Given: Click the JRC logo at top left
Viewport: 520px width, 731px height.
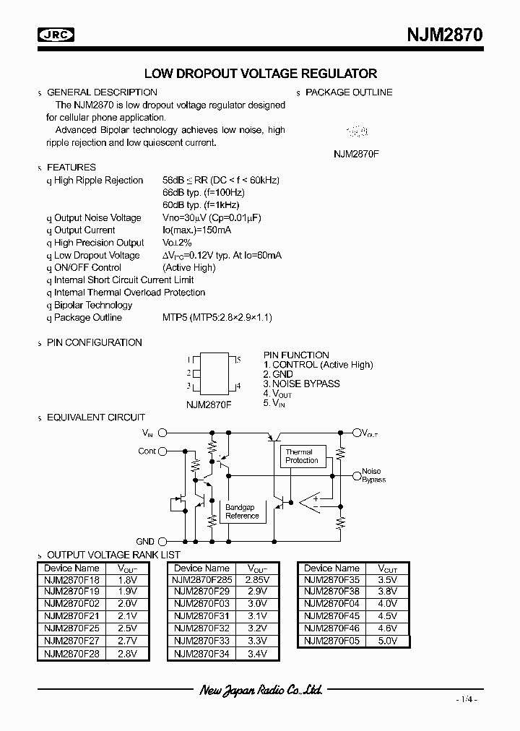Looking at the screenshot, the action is tap(58, 33).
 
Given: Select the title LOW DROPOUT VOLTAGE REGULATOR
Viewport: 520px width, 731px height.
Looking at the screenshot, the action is tap(261, 74).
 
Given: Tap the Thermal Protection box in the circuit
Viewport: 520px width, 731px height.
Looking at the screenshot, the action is tap(301, 457).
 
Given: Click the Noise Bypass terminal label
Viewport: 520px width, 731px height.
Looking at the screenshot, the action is tap(373, 475).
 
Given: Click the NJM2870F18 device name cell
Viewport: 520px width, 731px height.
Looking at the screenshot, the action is tap(71, 579).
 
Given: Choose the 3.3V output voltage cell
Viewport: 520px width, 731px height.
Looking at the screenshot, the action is tap(257, 641).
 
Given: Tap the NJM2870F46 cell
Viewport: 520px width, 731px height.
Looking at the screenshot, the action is tap(331, 628).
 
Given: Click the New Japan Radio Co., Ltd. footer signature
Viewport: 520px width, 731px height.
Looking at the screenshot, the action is tap(260, 691).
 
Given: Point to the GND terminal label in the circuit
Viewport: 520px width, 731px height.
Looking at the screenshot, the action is tap(144, 541).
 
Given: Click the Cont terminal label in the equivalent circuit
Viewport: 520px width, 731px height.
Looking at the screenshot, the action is tap(147, 451).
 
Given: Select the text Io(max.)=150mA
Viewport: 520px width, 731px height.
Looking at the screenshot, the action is tap(196, 230).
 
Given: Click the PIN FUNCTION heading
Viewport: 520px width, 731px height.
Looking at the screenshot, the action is tap(296, 355).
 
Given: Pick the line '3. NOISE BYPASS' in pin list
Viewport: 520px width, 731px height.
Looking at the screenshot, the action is tap(301, 384).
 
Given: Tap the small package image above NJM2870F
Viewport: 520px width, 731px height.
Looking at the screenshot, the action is tap(357, 132).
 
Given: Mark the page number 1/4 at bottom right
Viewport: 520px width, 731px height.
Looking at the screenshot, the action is tap(467, 700).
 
